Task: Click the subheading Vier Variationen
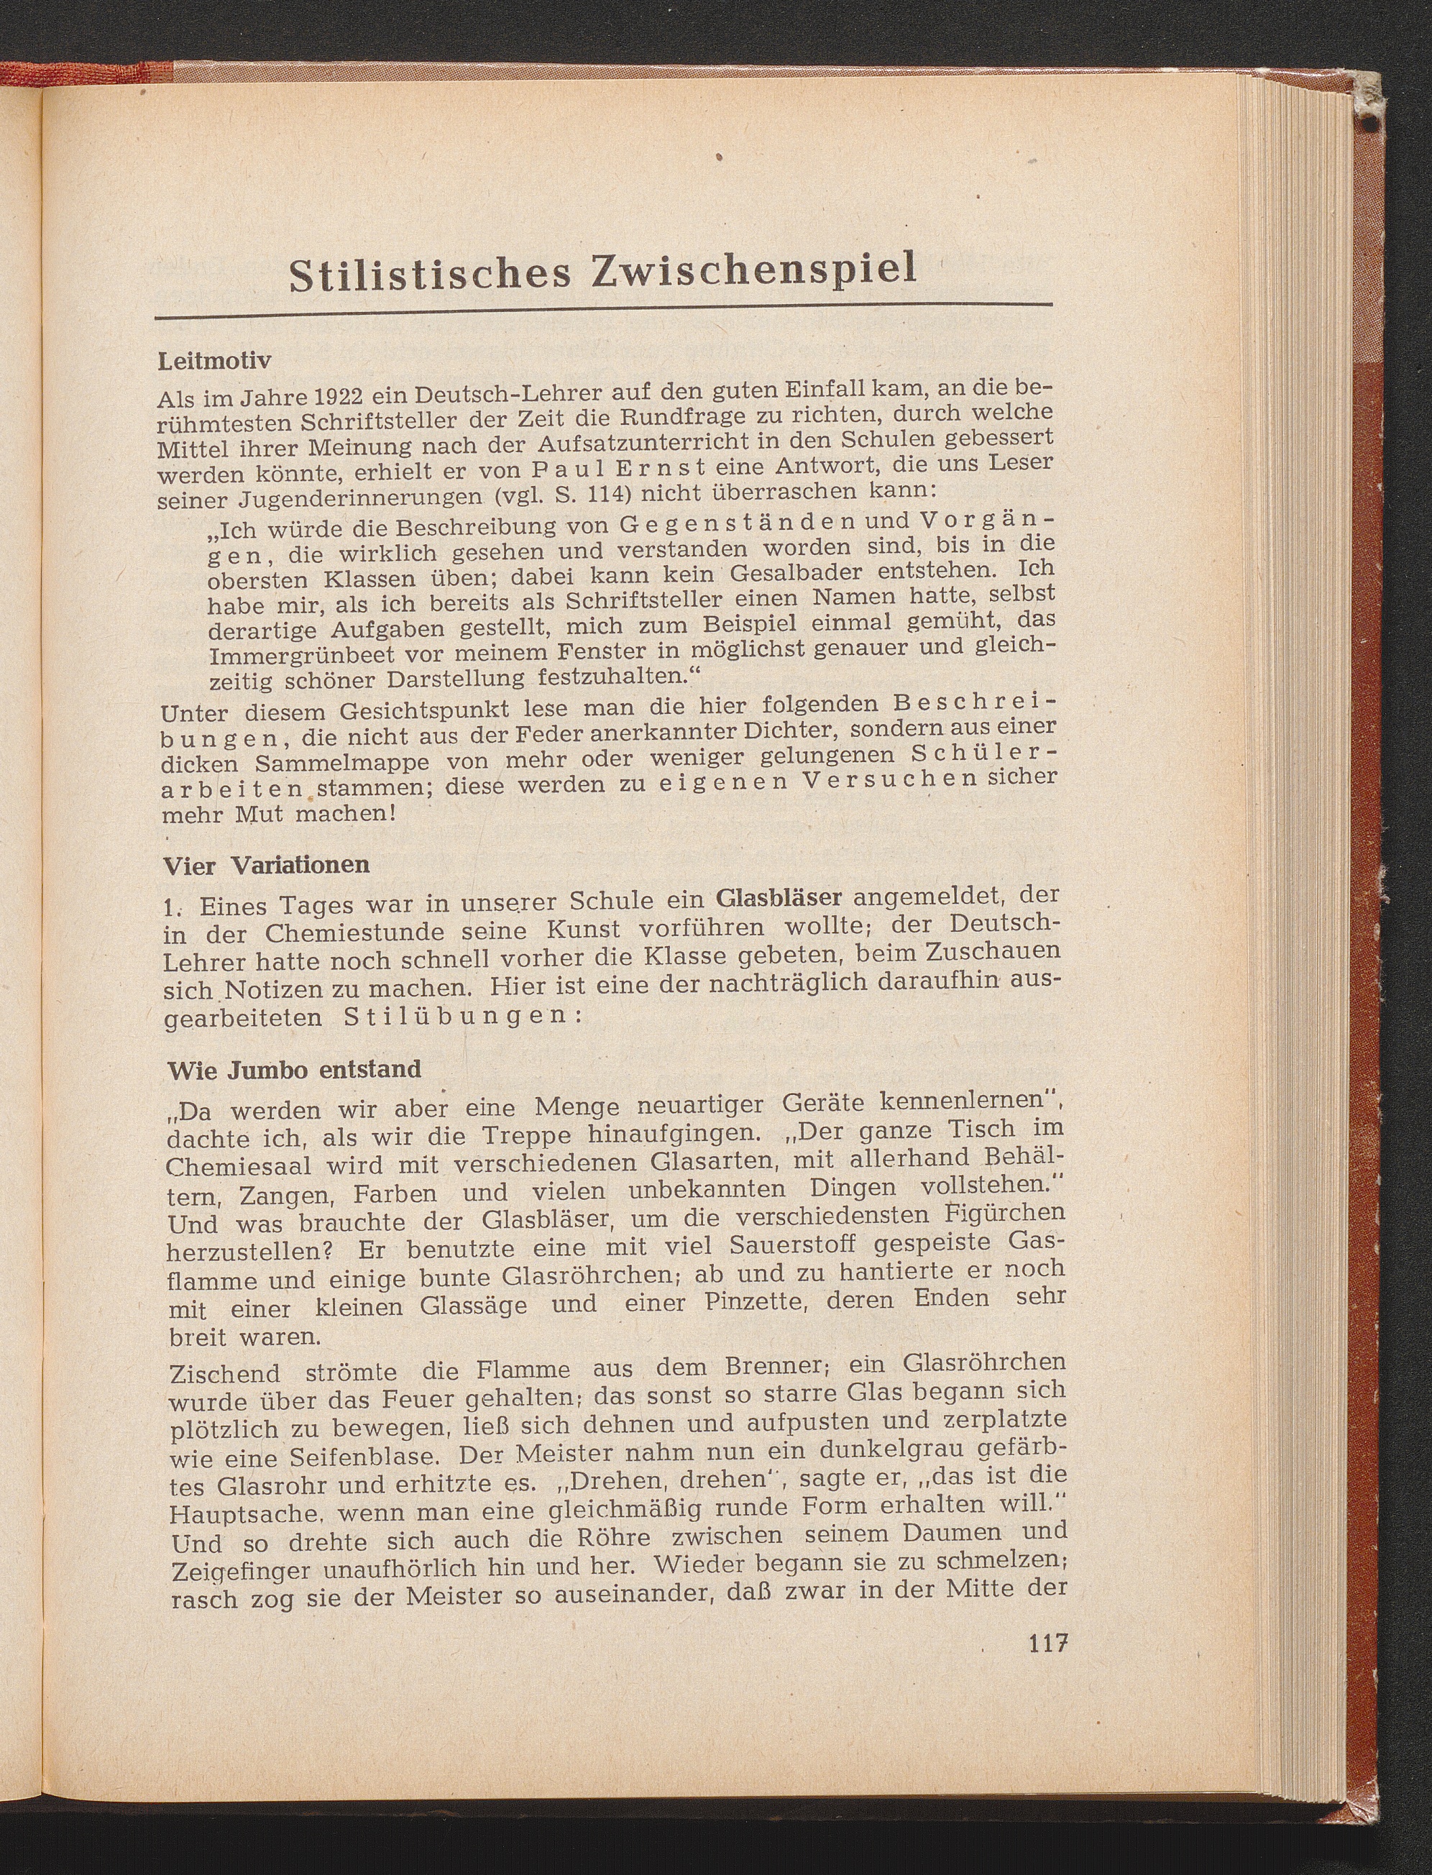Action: coord(266,864)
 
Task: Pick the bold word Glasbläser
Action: coord(779,897)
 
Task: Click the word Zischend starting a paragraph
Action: coord(226,1373)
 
